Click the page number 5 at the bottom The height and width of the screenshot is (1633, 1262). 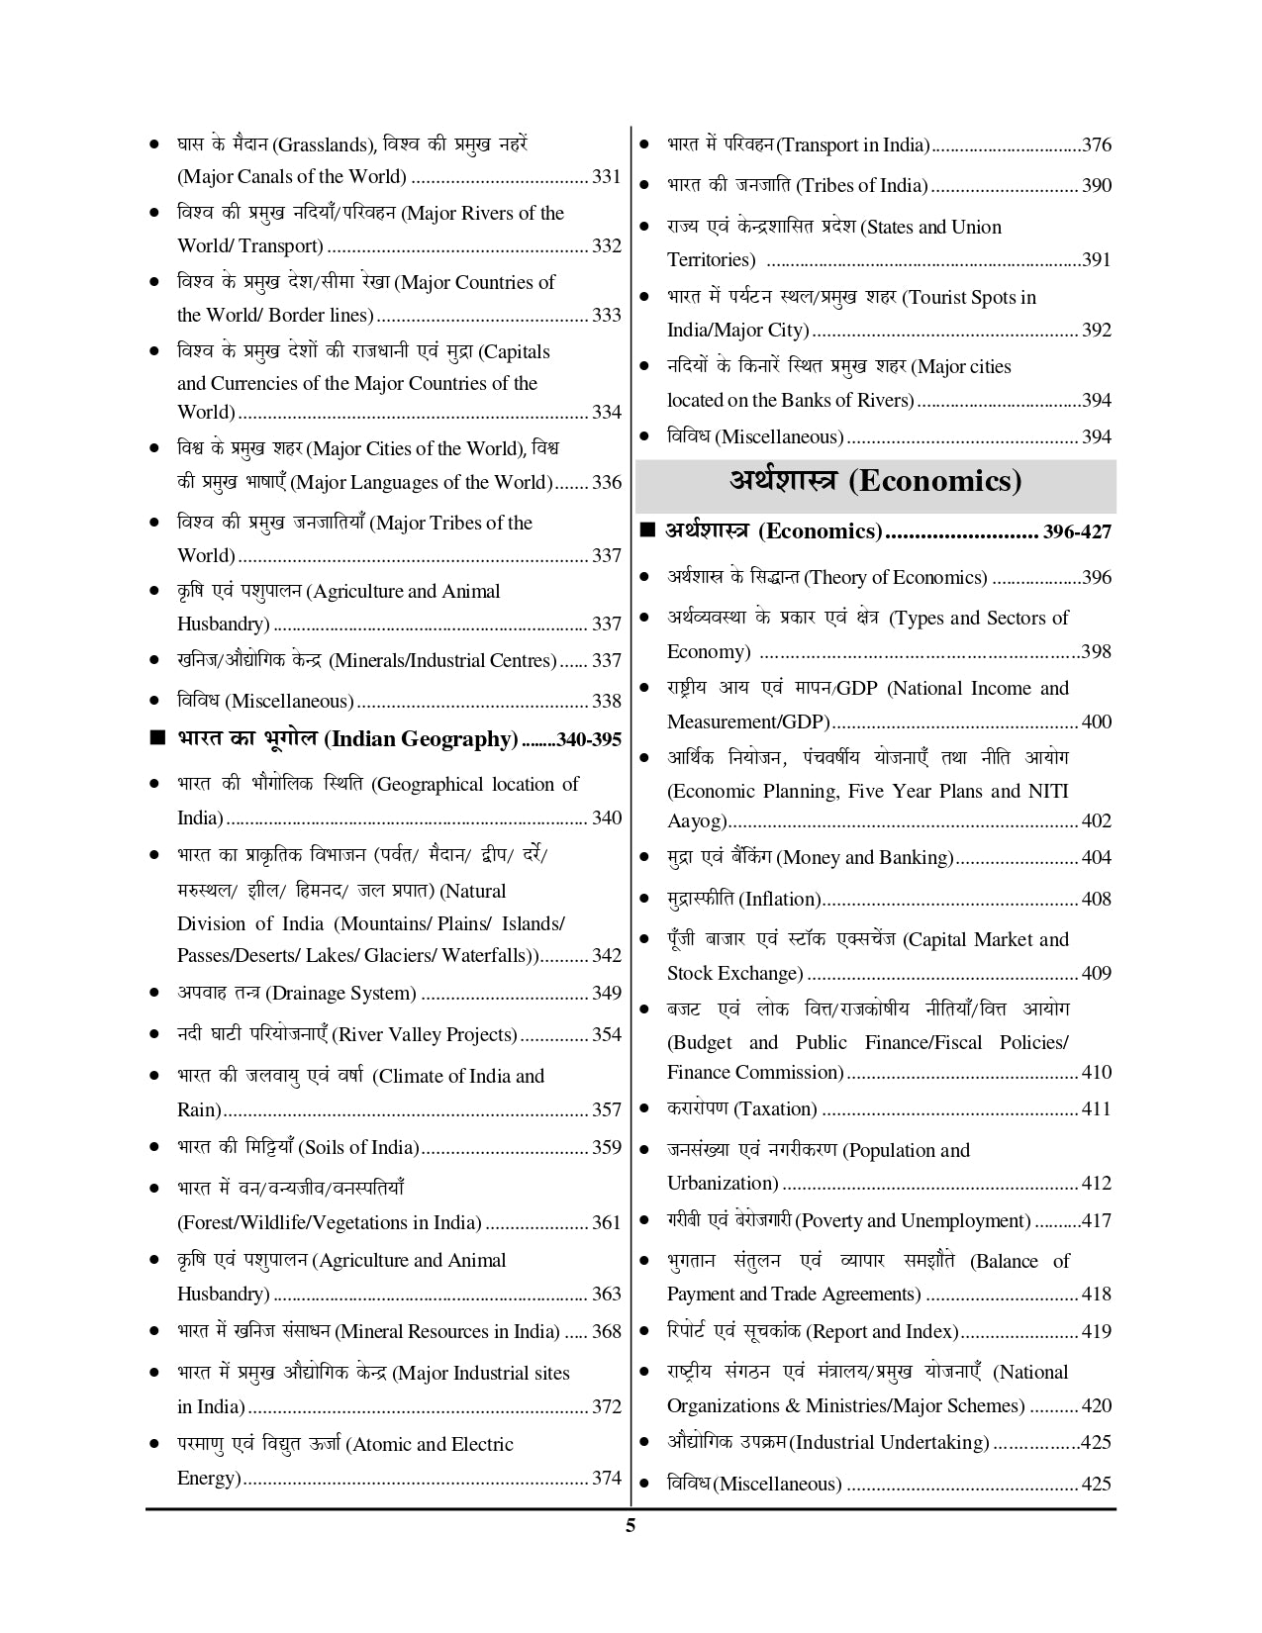[x=631, y=1525]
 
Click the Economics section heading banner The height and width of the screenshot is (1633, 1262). [x=875, y=482]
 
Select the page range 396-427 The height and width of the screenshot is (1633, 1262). [x=1077, y=532]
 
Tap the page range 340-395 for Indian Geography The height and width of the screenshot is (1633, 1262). [x=589, y=740]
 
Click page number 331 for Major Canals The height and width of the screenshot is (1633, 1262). [x=606, y=177]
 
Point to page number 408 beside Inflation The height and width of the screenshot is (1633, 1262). [x=1097, y=899]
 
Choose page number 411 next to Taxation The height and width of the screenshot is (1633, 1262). [x=1097, y=1108]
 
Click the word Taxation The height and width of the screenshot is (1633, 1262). [x=777, y=1108]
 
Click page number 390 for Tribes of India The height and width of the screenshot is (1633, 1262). [x=1097, y=185]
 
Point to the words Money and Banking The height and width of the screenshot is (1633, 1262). [x=866, y=857]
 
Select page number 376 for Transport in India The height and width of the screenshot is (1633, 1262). [x=1097, y=144]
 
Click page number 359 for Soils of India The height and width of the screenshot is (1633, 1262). [x=606, y=1147]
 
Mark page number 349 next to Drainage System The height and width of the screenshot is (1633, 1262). [x=606, y=993]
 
